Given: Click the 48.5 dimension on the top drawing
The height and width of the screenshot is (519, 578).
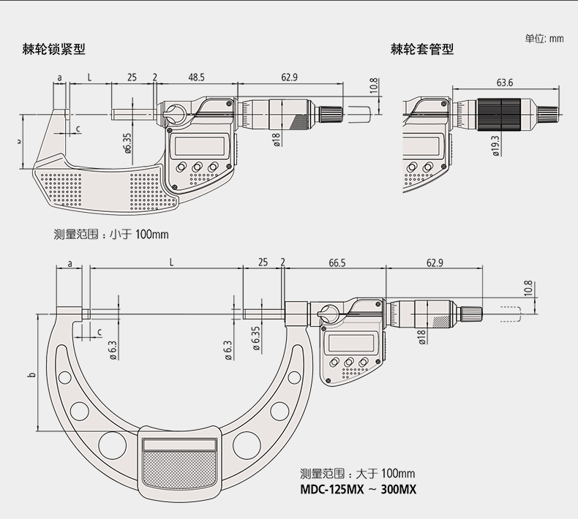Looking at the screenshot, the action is point(196,77).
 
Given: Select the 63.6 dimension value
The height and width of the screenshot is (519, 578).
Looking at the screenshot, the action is point(504,83).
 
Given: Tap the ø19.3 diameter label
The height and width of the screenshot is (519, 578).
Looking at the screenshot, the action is point(495,146).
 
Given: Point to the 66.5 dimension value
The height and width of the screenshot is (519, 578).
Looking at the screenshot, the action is point(337,263).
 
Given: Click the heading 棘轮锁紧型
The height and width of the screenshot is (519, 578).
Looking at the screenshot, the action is point(54,49).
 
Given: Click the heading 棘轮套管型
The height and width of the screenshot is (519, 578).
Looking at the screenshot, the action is point(422,49).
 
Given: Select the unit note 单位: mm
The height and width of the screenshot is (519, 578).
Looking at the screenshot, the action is point(544,38).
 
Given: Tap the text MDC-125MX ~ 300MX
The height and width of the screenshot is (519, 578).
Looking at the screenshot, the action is point(359,490).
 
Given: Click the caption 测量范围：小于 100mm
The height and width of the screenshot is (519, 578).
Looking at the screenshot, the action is point(111,234).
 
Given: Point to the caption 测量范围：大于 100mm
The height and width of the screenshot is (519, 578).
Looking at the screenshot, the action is point(357,474).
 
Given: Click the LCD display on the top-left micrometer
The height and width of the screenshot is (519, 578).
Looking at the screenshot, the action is point(200,146).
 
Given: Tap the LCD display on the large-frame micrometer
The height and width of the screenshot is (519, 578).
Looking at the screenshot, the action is point(351,343).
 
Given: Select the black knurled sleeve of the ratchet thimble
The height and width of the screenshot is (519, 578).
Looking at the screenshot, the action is point(499,115).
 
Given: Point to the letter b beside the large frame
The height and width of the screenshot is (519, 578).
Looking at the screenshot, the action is point(32,375).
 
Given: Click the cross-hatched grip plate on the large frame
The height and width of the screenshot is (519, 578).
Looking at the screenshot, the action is point(179,469).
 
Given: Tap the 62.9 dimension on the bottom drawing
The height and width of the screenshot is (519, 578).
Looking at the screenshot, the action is point(435,263).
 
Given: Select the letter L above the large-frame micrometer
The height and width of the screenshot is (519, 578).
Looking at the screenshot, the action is point(171,262).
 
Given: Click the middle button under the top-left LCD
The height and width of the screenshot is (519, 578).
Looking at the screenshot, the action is point(197,167).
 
